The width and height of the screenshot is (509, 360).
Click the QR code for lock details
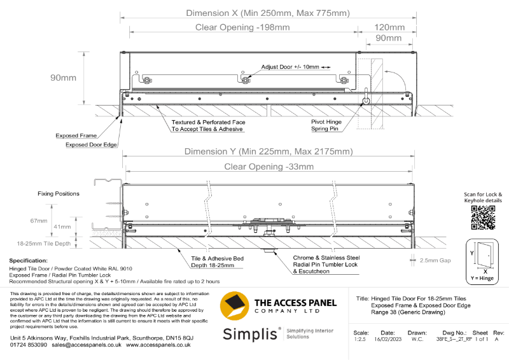pos(483,218)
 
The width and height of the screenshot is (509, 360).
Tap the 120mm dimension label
pos(389,27)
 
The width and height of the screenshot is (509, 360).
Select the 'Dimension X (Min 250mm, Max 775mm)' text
pos(267,13)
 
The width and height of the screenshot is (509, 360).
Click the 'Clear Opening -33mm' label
pos(268,167)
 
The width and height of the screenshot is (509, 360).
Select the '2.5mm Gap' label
pos(436,260)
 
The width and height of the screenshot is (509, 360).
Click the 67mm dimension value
pos(39,221)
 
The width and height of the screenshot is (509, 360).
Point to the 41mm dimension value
pos(62,226)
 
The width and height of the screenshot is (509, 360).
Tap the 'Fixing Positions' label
pos(58,193)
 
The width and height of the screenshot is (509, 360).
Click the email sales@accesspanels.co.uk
pos(87,344)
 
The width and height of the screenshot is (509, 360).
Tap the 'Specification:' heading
pos(29,261)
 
